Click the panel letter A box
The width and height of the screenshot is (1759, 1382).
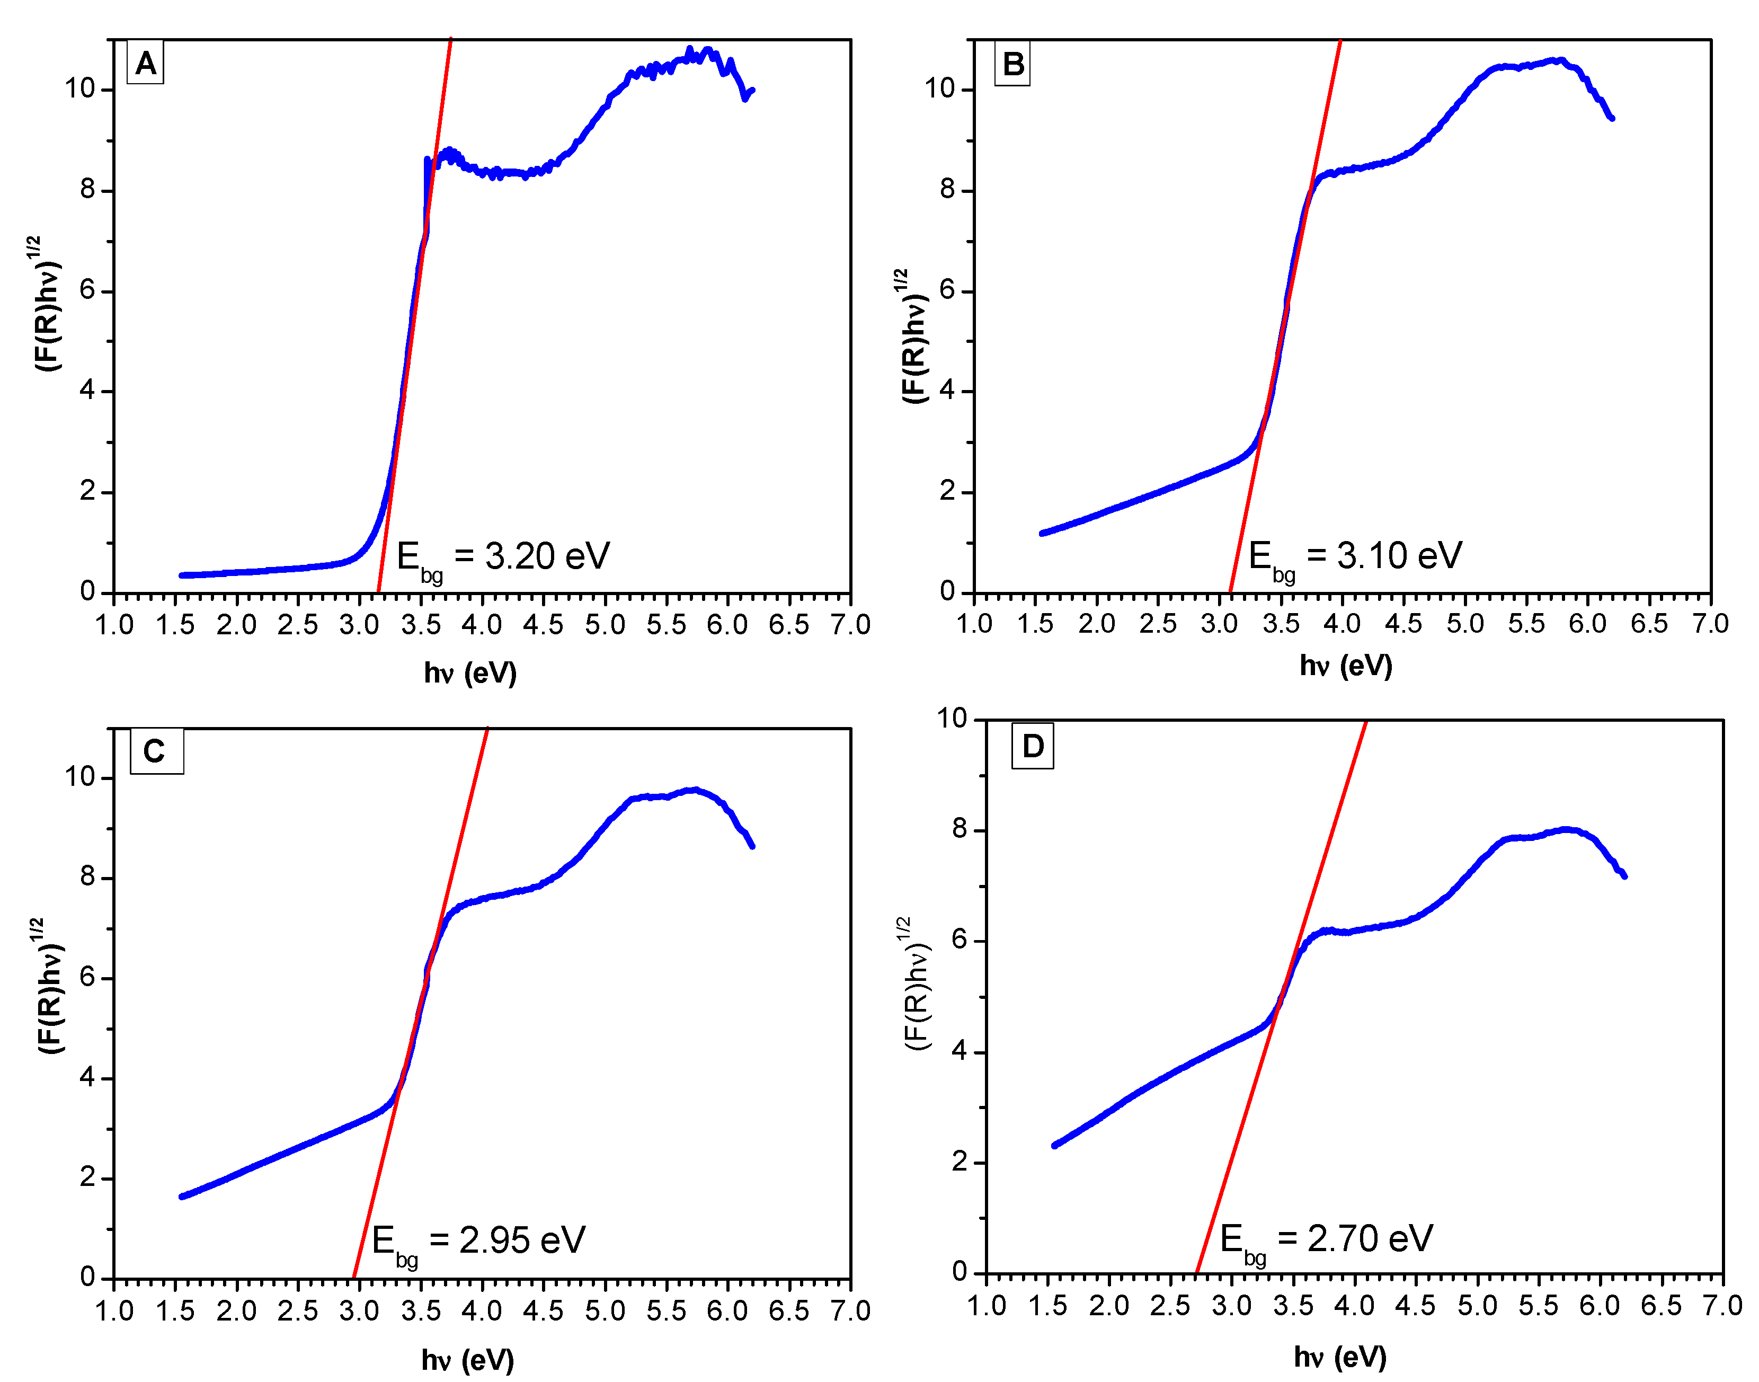146,63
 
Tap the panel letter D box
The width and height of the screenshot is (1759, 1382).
1033,745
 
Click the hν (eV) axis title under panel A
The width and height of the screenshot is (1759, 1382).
470,672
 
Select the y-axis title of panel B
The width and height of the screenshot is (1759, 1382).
914,336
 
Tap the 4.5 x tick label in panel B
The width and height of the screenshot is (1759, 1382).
1403,624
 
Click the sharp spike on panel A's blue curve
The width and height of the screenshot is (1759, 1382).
427,160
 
